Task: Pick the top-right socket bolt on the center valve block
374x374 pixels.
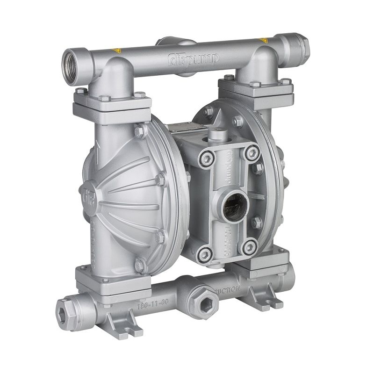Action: click(x=253, y=151)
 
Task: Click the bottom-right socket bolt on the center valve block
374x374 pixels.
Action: click(x=251, y=245)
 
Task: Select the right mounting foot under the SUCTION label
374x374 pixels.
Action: click(x=259, y=298)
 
